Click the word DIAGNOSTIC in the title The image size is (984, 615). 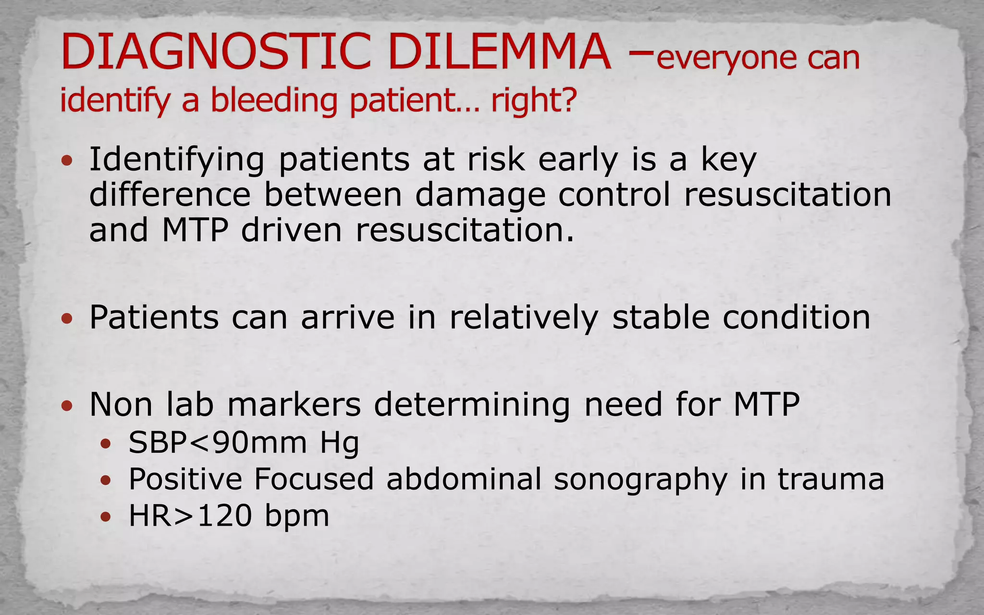(216, 51)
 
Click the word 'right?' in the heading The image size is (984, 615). (533, 101)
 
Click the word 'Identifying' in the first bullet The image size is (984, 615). (177, 160)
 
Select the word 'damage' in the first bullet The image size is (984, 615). (480, 196)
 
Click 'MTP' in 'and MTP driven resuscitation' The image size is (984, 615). (195, 230)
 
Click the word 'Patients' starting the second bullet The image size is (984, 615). (154, 318)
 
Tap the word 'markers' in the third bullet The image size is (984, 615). (294, 405)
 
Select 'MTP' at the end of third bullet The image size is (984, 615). (766, 405)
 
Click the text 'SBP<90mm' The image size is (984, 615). (218, 443)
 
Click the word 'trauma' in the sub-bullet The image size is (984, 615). (831, 480)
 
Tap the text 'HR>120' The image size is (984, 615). (190, 516)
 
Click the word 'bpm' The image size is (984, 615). (297, 517)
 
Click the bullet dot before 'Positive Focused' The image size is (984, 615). (106, 480)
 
